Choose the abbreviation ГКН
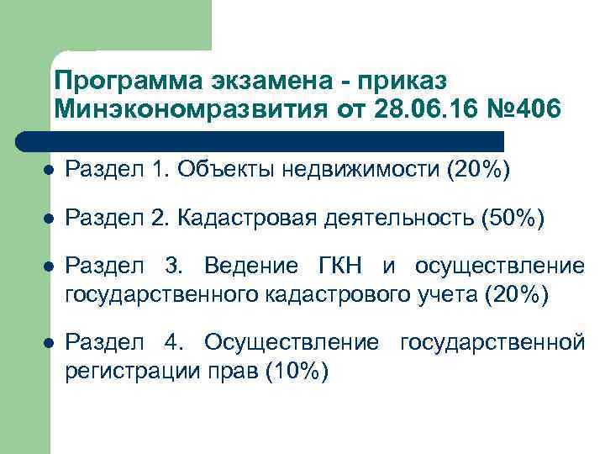click(340, 267)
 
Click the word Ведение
click(250, 267)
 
